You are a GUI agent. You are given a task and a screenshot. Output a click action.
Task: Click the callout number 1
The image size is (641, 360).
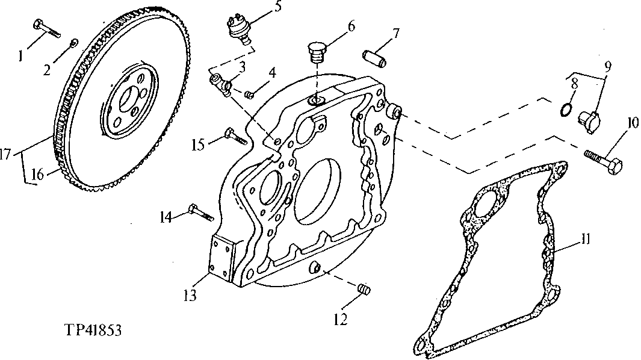pos(21,55)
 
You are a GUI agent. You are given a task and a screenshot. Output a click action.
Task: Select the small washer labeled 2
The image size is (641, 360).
pos(73,42)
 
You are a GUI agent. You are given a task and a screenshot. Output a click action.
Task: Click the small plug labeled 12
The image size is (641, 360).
pos(362,290)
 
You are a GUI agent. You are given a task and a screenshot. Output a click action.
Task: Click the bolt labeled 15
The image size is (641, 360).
pos(237,135)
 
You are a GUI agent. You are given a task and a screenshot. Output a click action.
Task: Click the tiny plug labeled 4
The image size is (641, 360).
pos(250,93)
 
